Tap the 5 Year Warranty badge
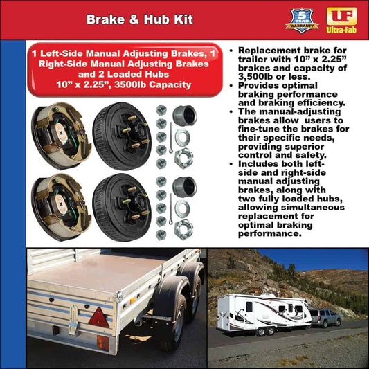click(x=302, y=19)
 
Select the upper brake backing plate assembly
click(x=60, y=136)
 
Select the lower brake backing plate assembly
click(x=60, y=207)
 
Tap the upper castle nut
click(x=184, y=159)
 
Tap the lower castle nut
click(x=184, y=228)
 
